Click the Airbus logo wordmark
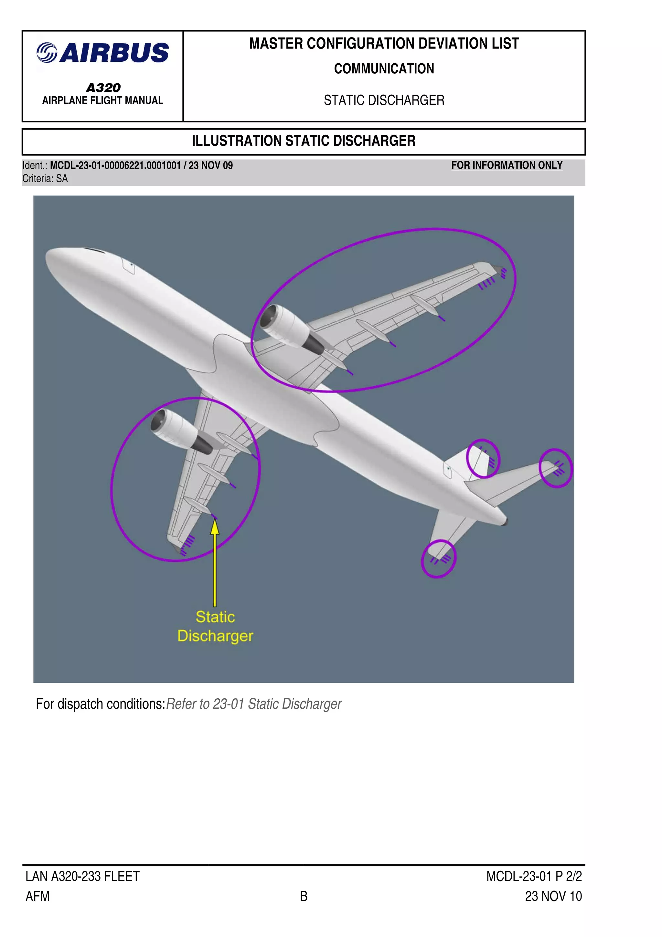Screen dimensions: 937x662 coord(103,53)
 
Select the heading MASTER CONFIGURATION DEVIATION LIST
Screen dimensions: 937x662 coord(384,44)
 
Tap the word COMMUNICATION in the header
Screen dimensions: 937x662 coord(384,68)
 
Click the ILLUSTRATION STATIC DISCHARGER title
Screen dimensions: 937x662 coord(304,141)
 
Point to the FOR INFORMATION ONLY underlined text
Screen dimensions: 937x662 coord(507,165)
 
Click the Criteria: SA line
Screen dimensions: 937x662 coord(45,179)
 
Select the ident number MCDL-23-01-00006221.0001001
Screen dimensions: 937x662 coord(115,165)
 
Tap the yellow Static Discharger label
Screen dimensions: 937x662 coord(215,626)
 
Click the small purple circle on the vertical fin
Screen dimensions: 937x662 coord(483,459)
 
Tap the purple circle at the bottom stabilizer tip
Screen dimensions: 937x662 coord(438,558)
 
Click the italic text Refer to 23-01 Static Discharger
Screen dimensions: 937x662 coord(254,704)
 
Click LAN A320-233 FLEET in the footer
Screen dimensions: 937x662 coord(82,876)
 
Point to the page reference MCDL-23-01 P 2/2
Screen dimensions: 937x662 coord(534,876)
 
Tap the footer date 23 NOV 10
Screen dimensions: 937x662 coord(553,896)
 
